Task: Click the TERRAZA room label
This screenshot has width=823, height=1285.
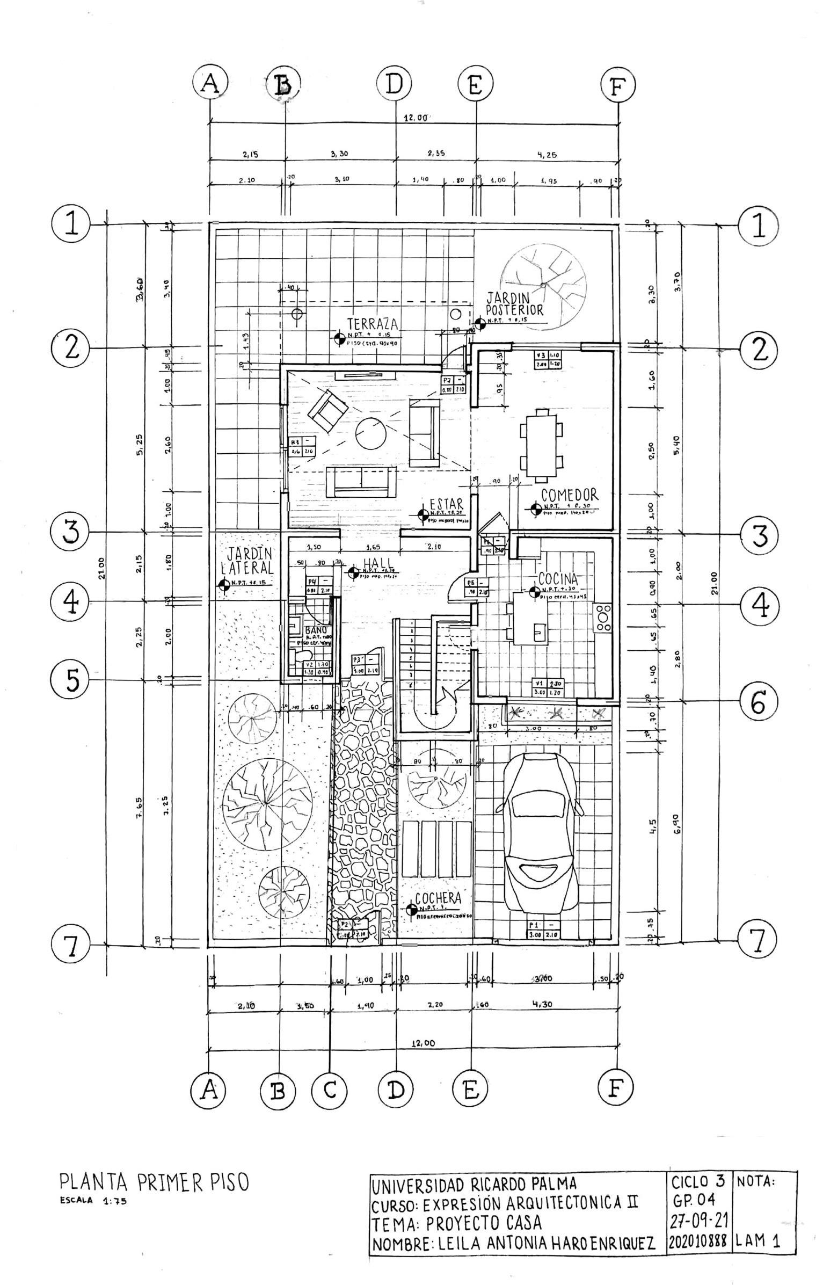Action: point(372,324)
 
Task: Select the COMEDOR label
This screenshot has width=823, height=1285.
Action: point(569,495)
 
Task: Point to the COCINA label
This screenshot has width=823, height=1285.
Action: point(558,579)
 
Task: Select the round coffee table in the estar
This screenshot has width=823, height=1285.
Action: point(370,433)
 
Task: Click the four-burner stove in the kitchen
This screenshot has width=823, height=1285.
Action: point(603,618)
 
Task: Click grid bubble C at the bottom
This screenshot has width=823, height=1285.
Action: point(330,1090)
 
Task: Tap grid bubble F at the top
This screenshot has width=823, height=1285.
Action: point(618,86)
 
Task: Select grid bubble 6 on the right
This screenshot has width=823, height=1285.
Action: point(758,702)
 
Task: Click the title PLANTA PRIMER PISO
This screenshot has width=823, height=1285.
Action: point(154,1181)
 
